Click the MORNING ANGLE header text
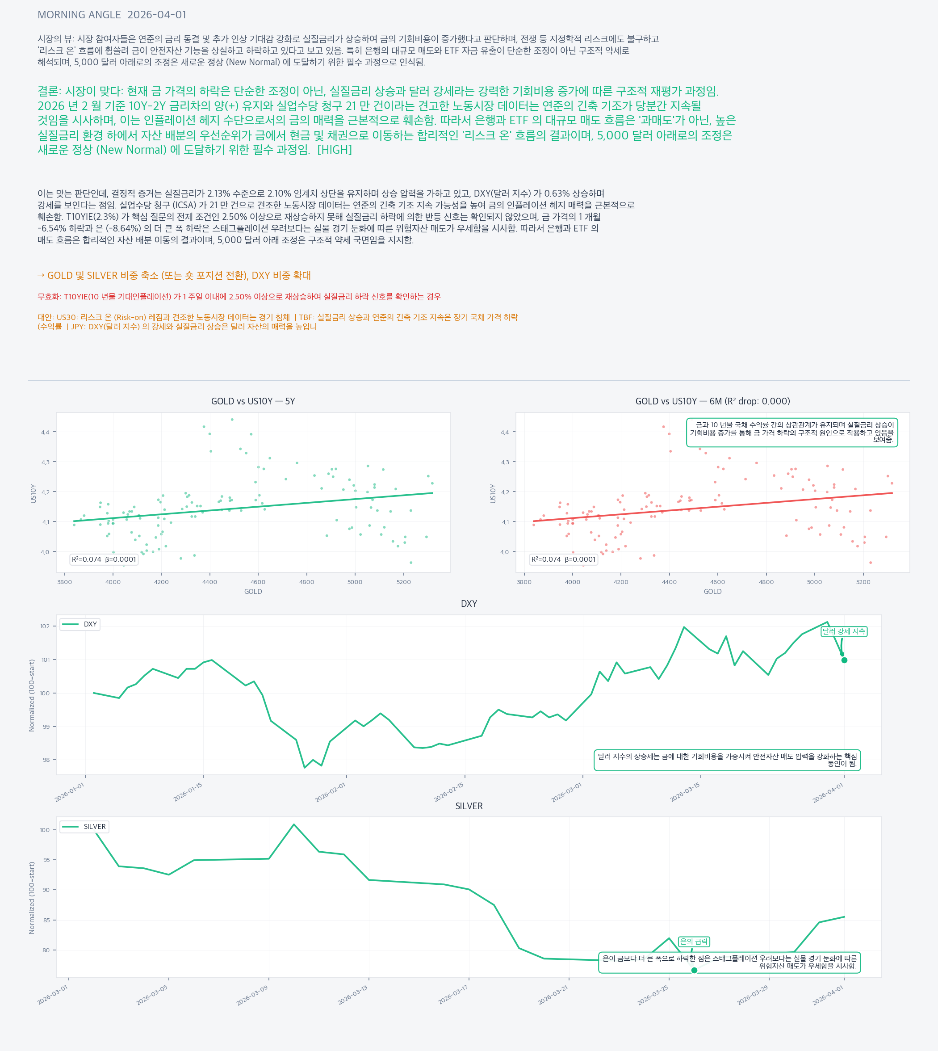tap(79, 15)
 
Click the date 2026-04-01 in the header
tap(157, 15)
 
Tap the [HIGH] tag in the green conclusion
tap(335, 150)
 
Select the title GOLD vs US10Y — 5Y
tap(253, 401)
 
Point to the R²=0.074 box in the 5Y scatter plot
tap(104, 559)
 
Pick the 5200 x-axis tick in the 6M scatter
tap(863, 582)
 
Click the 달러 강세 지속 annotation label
tap(844, 631)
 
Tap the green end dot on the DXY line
tap(844, 660)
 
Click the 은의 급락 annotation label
tap(694, 942)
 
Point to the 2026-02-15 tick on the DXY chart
tap(449, 792)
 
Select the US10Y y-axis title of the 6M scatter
tap(493, 493)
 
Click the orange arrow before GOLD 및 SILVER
tap(41, 275)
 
